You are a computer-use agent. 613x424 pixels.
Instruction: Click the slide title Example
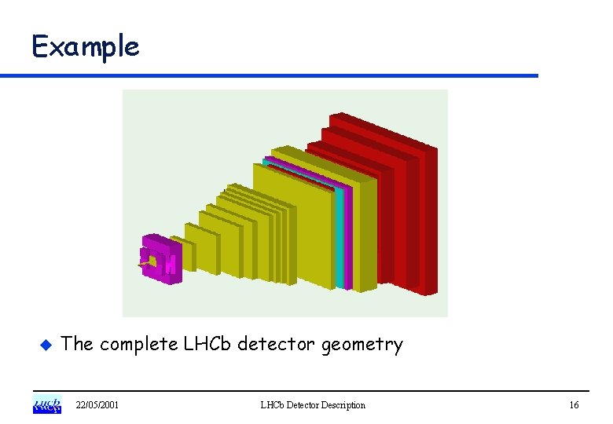[85, 47]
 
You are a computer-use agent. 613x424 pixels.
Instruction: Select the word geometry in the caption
[368, 345]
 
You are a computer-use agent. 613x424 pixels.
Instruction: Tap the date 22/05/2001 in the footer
[97, 405]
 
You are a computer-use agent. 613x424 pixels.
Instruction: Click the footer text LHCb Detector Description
[313, 405]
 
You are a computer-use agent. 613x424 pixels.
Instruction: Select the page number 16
[574, 405]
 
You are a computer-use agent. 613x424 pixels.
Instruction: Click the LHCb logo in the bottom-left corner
[46, 405]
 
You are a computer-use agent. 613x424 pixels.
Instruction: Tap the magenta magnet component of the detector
[161, 258]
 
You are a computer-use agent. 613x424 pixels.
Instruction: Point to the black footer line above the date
[314, 391]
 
